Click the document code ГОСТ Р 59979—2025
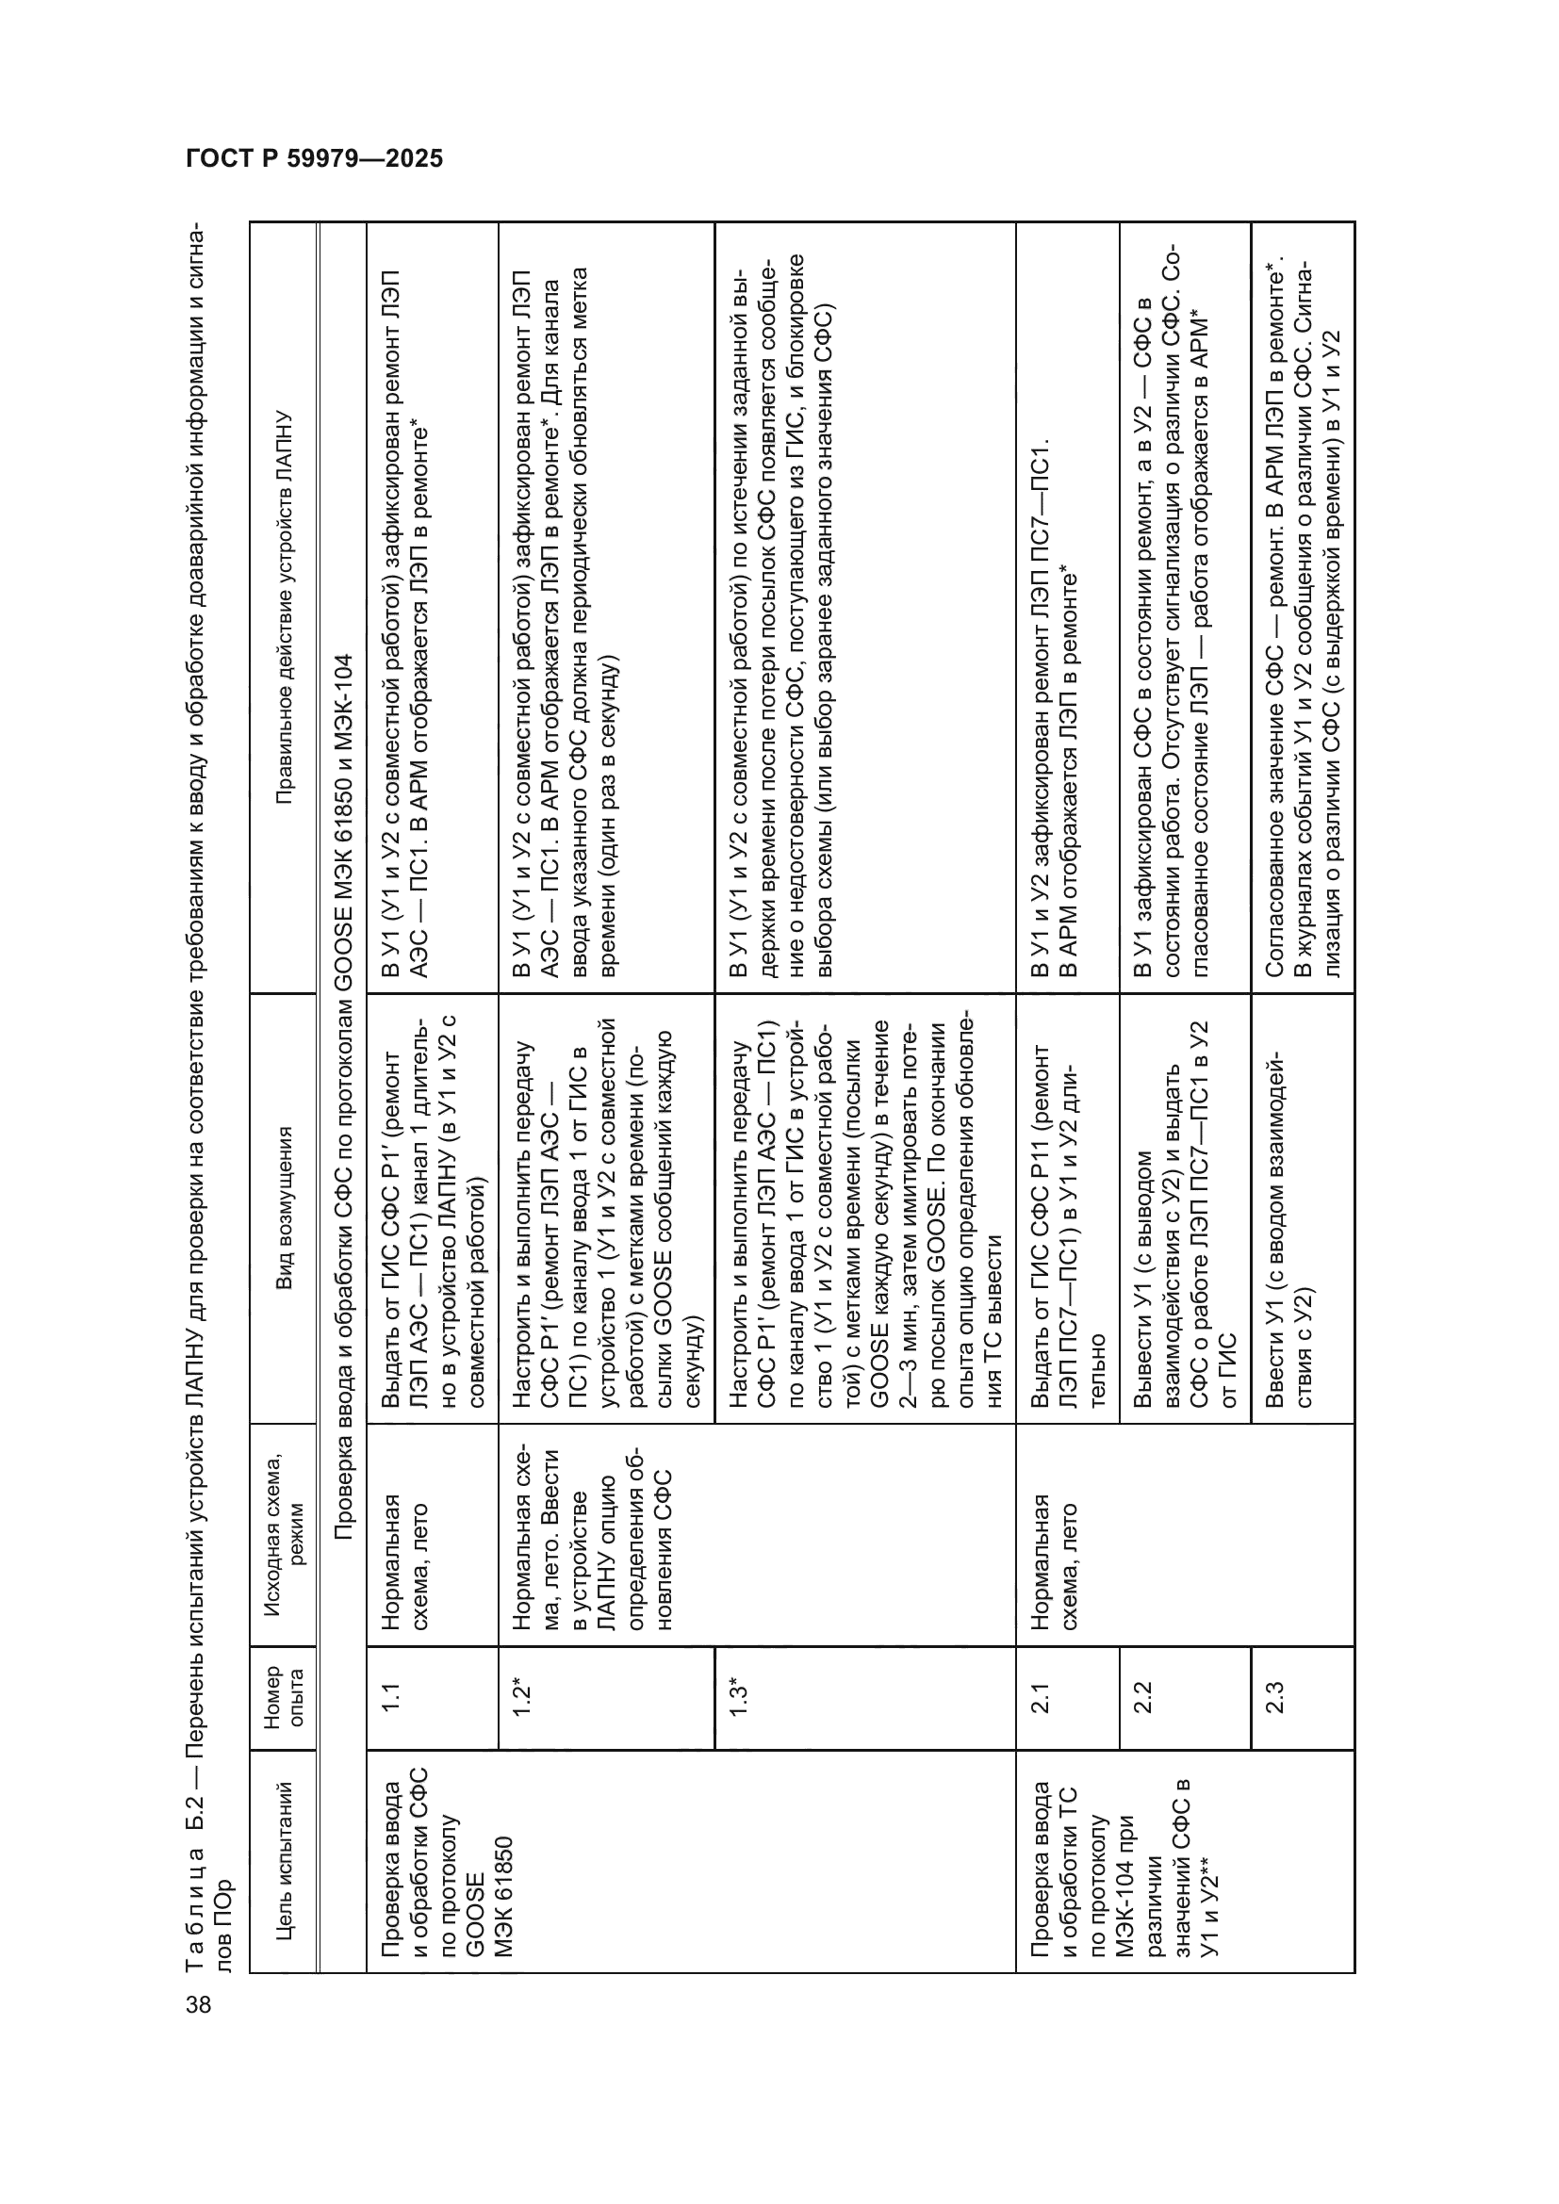314,158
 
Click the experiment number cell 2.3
1275,1697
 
